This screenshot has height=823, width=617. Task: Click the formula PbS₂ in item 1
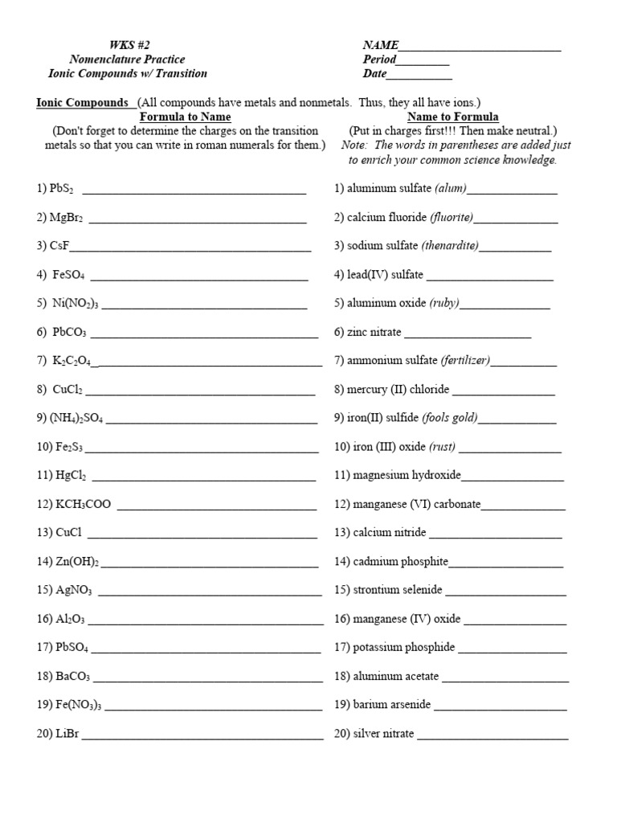coord(61,189)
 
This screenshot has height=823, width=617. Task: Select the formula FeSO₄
coord(68,275)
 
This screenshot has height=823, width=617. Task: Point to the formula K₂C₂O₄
coord(72,361)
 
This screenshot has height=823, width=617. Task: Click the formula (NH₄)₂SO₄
coord(76,418)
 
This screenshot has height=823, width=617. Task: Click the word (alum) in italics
coord(450,189)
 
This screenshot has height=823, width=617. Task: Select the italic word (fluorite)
coord(452,218)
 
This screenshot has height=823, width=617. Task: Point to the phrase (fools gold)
coord(454,418)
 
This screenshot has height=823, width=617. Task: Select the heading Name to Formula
coord(452,117)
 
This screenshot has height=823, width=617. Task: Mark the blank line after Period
coord(423,60)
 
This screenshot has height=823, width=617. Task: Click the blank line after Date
coord(419,74)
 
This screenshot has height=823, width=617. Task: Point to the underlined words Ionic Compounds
coord(83,103)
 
